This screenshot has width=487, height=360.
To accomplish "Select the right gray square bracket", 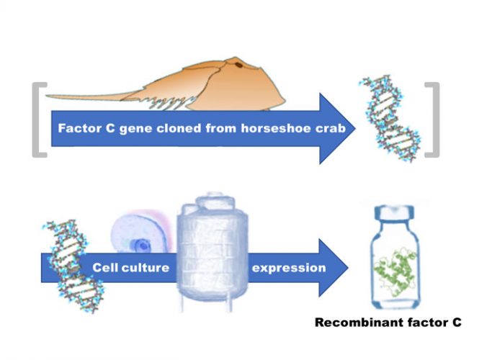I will point(432,118).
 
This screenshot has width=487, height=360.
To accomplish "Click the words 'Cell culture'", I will point(130,268).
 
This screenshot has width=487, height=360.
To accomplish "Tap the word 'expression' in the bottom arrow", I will point(288,268).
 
